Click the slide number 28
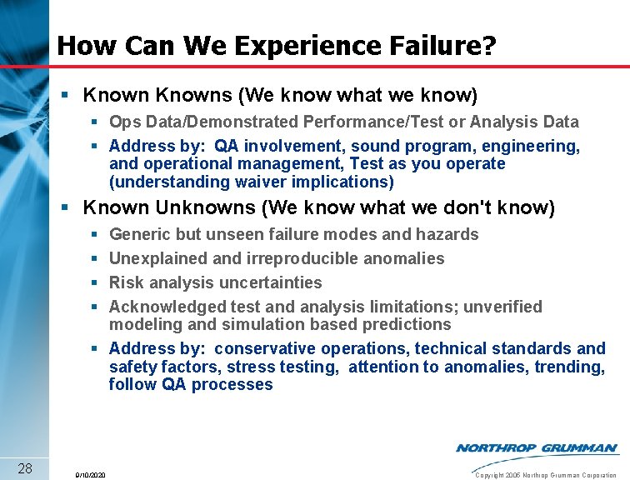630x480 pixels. [24, 467]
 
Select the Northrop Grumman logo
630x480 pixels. [537, 448]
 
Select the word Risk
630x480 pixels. [126, 282]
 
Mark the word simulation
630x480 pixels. [235, 324]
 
